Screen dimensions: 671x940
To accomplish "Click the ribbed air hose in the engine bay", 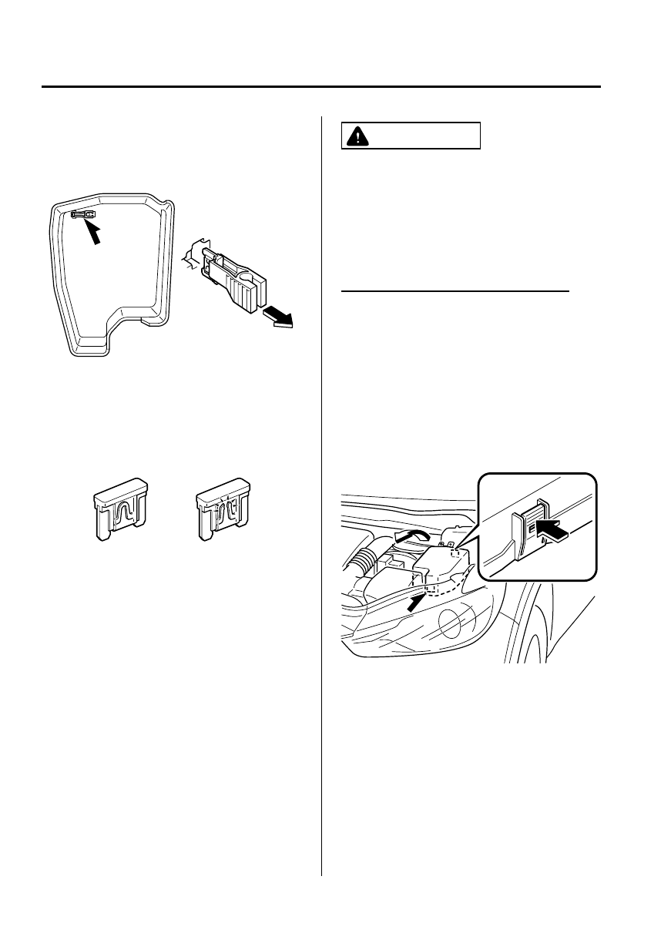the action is [363, 567].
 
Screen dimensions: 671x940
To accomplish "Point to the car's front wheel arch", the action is [532, 624].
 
